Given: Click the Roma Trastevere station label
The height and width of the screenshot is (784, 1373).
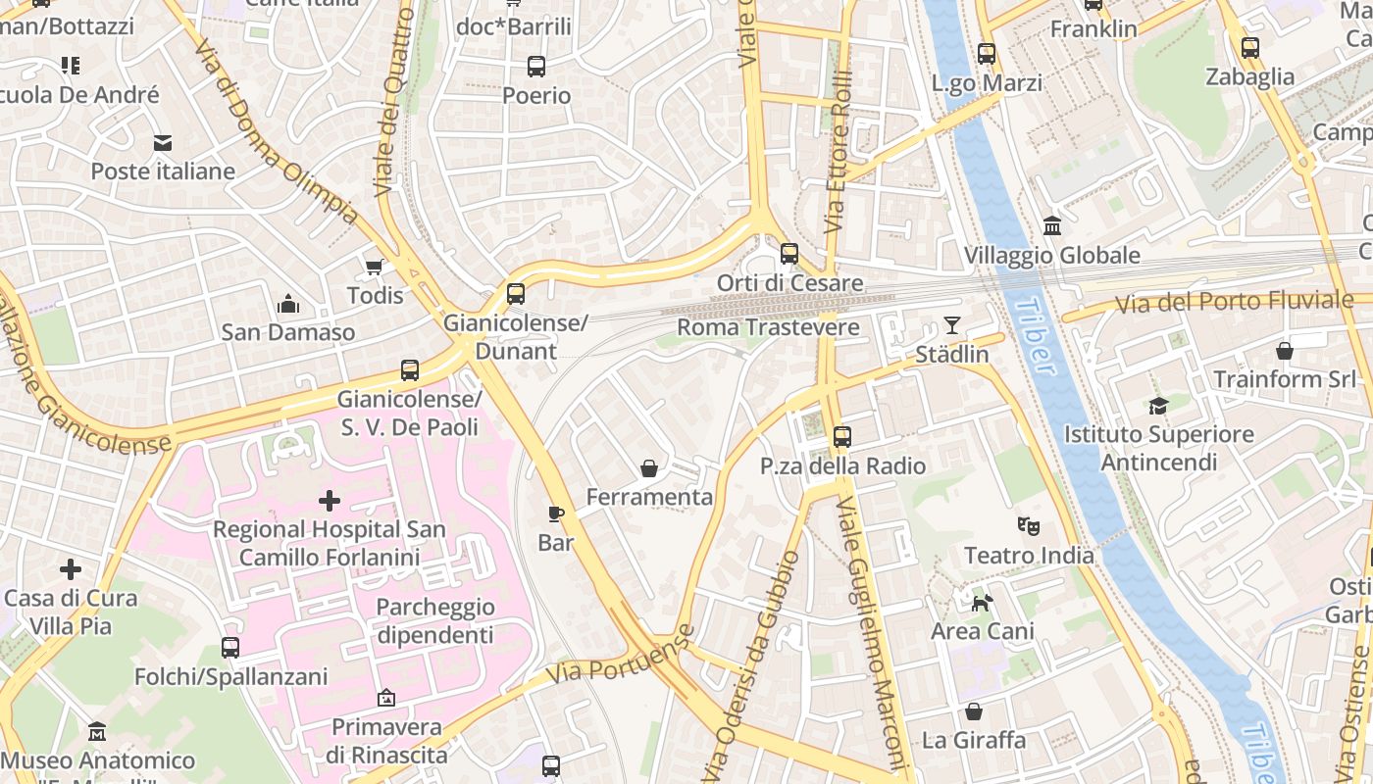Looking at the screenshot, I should click(768, 327).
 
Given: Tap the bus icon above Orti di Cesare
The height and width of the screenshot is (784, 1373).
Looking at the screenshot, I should click(789, 254).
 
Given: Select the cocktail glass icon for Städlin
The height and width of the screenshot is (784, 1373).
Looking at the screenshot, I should click(951, 324).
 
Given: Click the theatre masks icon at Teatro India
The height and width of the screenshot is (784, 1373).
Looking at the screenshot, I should click(1028, 526).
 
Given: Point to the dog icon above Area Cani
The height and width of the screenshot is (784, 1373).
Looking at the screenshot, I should click(981, 603).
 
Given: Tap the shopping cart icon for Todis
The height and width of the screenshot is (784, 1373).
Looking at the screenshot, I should click(374, 267).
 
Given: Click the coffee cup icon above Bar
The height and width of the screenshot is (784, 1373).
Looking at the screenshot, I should click(556, 514).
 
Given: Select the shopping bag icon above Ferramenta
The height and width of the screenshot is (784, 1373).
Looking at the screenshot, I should click(648, 468).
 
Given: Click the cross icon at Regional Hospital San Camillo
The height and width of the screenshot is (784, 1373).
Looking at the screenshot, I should click(330, 502).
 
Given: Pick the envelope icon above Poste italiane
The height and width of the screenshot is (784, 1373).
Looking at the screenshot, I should click(163, 143).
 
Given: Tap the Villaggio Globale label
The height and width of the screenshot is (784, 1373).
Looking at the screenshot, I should click(1051, 256).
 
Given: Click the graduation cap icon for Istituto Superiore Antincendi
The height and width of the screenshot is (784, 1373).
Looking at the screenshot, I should click(1158, 406).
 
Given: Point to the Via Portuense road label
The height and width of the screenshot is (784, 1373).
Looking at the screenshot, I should click(620, 655).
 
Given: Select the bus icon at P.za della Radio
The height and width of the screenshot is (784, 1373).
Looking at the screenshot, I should click(841, 437).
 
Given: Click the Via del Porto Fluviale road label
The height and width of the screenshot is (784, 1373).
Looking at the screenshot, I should click(1216, 303).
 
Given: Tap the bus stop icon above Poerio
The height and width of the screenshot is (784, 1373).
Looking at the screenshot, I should click(536, 67).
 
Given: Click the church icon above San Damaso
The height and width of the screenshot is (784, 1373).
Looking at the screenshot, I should click(288, 304).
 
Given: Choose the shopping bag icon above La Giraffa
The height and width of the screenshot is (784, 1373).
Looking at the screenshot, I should click(973, 711).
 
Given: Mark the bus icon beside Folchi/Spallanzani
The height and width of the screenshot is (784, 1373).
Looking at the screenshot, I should click(230, 648).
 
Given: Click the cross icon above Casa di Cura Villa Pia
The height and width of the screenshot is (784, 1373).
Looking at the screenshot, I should click(71, 569).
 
